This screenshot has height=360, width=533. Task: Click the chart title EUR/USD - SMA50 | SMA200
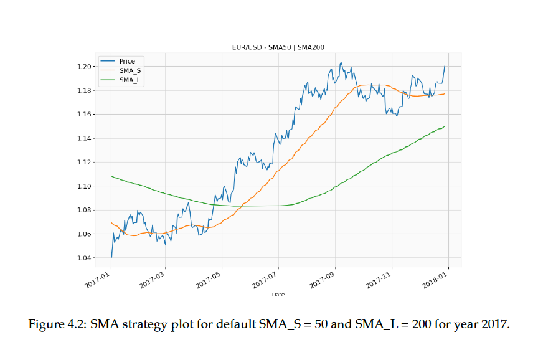[277, 47]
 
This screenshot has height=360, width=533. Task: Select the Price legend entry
[127, 61]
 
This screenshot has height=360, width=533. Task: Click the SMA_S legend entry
[130, 70]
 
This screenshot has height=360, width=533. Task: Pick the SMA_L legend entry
[130, 80]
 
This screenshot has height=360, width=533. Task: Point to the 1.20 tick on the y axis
[84, 67]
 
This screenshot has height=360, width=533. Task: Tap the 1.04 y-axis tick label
[84, 258]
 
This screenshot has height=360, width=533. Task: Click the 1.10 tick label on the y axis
[84, 186]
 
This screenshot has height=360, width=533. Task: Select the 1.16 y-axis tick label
[84, 115]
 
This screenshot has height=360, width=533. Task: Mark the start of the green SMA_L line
[111, 176]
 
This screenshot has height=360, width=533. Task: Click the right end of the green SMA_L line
[445, 126]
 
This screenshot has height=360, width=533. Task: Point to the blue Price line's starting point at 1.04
[111, 257]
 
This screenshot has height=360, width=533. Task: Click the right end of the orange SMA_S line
[445, 93]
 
